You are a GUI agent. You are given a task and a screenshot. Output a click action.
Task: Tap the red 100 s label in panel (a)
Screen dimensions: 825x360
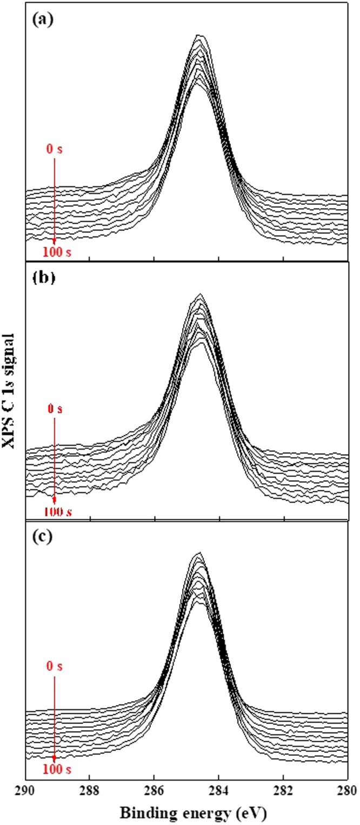pyautogui.click(x=55, y=251)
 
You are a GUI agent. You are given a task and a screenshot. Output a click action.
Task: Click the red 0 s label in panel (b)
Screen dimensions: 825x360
pyautogui.click(x=55, y=409)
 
